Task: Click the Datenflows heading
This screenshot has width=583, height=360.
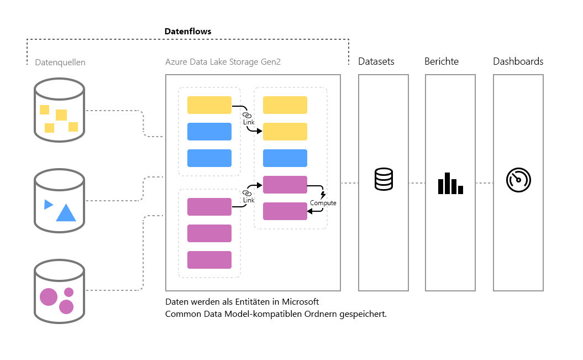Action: click(188, 32)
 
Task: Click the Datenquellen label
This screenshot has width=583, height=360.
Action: click(60, 62)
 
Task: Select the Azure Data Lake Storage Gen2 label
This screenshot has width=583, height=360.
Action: click(223, 62)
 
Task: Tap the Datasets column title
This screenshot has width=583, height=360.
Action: click(376, 61)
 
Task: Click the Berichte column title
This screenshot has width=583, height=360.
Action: click(442, 61)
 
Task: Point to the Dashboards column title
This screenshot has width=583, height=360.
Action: click(518, 61)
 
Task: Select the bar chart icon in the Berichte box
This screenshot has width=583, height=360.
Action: click(450, 183)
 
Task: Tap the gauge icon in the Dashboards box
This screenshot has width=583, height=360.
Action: click(518, 180)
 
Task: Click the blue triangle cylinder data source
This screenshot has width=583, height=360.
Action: click(59, 200)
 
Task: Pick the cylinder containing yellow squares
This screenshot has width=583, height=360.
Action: click(59, 108)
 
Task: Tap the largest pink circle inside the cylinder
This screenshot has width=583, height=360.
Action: click(48, 297)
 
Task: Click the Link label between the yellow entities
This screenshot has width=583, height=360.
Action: click(249, 121)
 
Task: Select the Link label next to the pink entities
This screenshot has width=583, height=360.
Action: click(249, 200)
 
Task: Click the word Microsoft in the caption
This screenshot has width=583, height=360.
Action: click(301, 302)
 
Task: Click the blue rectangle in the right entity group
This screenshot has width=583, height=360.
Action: click(285, 158)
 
